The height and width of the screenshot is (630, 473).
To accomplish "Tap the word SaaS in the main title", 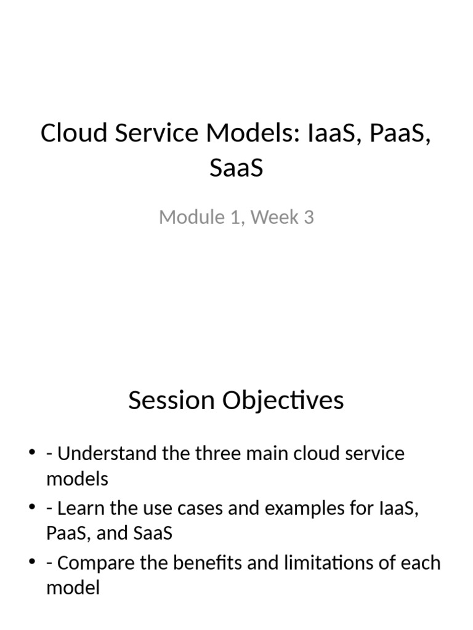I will point(236,167).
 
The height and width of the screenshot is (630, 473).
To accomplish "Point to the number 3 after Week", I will point(309,217).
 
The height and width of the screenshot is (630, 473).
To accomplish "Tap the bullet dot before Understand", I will point(33,454).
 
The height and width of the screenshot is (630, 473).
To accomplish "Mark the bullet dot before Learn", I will point(33,509).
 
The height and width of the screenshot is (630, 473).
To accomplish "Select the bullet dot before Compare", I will point(33,563).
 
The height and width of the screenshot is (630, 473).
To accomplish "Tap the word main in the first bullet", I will point(268,455).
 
